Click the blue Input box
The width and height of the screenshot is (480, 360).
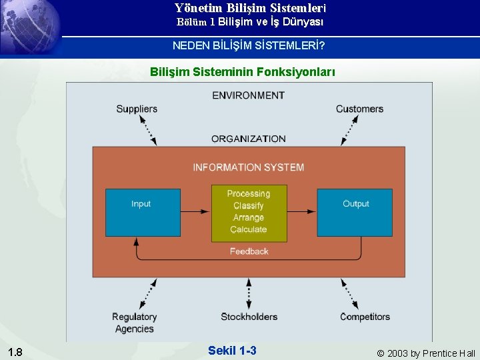pos(143,212)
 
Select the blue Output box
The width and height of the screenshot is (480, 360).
pos(355,212)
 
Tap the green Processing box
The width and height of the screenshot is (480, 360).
pos(249,213)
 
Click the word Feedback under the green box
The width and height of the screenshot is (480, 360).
pos(249,251)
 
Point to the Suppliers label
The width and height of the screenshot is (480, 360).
pos(137,109)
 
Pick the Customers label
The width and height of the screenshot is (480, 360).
pos(359,109)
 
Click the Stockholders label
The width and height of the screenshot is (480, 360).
pos(249,317)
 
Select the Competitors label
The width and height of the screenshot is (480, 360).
pos(365,317)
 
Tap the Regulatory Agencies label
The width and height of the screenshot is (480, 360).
pos(134,323)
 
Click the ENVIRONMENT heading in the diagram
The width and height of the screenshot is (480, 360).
pos(248,95)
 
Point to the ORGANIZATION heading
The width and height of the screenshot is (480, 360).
pos(248,139)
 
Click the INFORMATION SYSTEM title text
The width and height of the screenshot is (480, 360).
pos(248,167)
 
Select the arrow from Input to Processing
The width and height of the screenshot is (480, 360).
pos(196,212)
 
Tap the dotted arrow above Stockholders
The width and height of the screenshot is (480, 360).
pos(249,293)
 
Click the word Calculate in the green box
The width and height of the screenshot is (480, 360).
pos(249,229)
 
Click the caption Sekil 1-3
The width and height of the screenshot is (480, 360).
pos(232,351)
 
